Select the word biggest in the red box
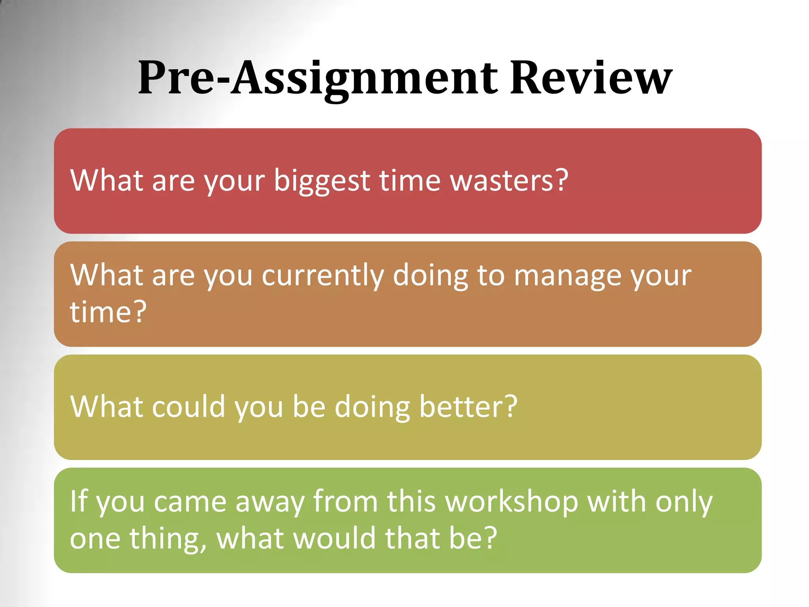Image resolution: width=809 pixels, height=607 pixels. [x=322, y=181]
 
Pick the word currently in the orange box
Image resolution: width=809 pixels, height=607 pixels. [x=322, y=276]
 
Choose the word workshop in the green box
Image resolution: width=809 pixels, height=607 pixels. [x=512, y=502]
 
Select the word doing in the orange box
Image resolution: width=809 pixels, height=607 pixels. [x=430, y=276]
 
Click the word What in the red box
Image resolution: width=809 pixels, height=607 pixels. [x=107, y=180]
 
